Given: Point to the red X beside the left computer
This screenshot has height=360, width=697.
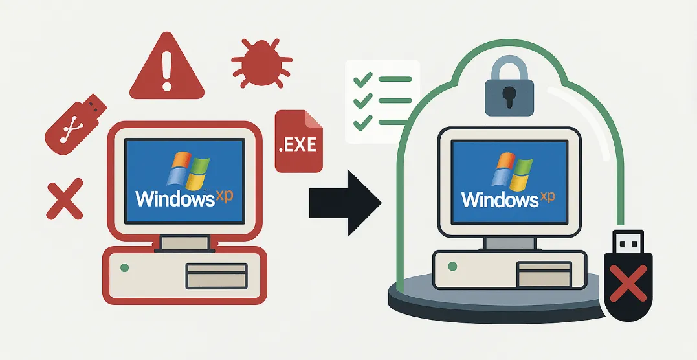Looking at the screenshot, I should click(x=65, y=199).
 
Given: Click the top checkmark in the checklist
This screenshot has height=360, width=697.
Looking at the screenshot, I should click(x=362, y=80).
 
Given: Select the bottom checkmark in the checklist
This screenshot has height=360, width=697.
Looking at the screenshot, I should click(x=362, y=121).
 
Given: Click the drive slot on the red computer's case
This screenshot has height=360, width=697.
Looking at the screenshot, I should click(x=216, y=275).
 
